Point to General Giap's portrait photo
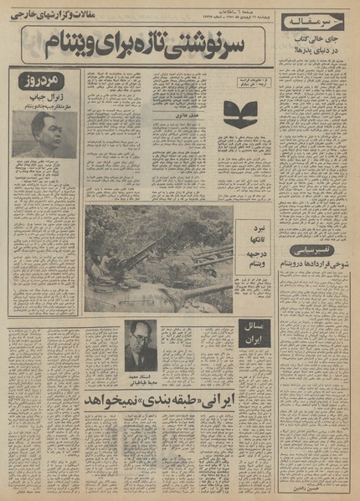point(45,132)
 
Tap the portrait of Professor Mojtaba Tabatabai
point(141,343)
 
